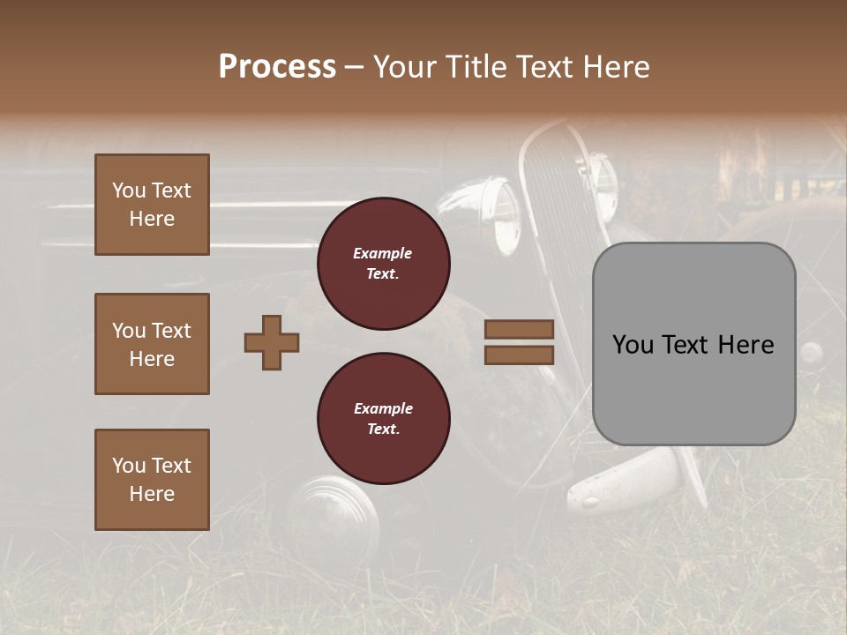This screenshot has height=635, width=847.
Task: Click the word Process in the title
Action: tap(277, 67)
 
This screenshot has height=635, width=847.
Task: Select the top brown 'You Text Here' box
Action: tap(152, 205)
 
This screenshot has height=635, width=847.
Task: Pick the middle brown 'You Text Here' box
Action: tap(152, 344)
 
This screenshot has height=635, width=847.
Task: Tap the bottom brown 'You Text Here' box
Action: tap(152, 480)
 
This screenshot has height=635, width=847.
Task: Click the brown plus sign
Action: tap(272, 342)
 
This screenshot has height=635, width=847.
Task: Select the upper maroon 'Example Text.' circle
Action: tap(383, 264)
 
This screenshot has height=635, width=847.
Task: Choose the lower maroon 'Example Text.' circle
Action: tap(383, 419)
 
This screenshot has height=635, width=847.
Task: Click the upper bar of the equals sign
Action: tap(519, 329)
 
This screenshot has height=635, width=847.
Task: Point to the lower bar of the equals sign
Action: tap(519, 355)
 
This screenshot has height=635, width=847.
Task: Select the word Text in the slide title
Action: tap(542, 67)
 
